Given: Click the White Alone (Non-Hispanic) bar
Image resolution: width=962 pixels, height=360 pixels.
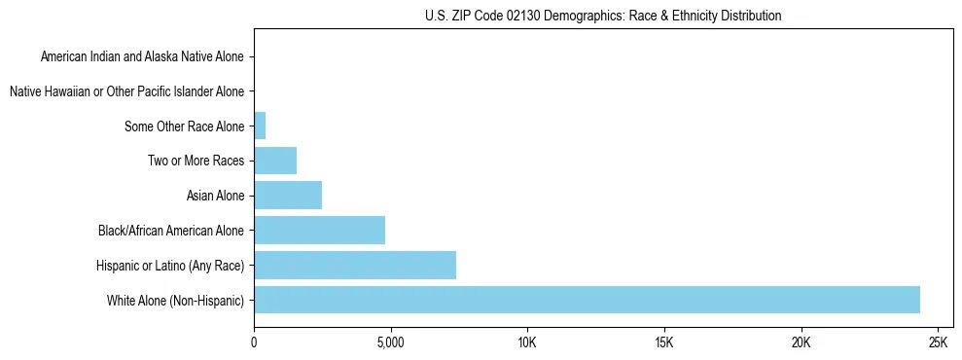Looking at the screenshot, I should point(587,300).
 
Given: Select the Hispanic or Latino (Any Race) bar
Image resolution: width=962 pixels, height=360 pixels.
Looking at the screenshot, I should point(355,265).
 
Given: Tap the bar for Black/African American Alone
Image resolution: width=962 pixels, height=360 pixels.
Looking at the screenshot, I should point(319,231).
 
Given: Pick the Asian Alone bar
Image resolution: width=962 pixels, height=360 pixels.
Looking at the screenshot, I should point(288,196).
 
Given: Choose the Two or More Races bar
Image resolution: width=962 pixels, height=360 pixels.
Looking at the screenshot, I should point(275,161).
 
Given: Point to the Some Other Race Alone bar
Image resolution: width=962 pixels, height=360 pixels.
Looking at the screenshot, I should point(260,126).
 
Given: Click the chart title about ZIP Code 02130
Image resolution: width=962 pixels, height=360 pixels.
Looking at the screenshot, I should point(603,16).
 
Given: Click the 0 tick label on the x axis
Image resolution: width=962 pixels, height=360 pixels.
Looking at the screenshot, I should point(254,343).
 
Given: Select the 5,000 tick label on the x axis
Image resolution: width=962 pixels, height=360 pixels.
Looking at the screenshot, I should point(390,343).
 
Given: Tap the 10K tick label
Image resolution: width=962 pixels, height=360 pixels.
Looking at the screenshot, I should point(527,343).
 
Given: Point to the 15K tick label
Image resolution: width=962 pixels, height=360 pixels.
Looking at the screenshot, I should point(664,343).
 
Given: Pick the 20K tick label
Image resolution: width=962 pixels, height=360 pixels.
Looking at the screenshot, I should point(801,343).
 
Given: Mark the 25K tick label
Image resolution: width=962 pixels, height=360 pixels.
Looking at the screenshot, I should point(938,343).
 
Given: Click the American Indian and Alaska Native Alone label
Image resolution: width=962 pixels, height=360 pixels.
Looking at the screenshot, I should point(142,56).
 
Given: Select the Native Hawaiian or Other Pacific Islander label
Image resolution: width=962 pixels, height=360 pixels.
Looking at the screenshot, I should point(126,91).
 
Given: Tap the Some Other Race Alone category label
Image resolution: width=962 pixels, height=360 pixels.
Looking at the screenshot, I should point(185,126).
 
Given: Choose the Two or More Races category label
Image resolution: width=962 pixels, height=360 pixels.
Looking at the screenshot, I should point(196,161).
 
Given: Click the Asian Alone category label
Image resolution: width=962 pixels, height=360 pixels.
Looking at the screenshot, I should point(215,196).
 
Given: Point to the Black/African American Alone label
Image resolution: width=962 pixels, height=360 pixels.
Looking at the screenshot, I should point(171,231).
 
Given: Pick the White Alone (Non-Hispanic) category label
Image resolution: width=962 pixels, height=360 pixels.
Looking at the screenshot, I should point(175,301).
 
